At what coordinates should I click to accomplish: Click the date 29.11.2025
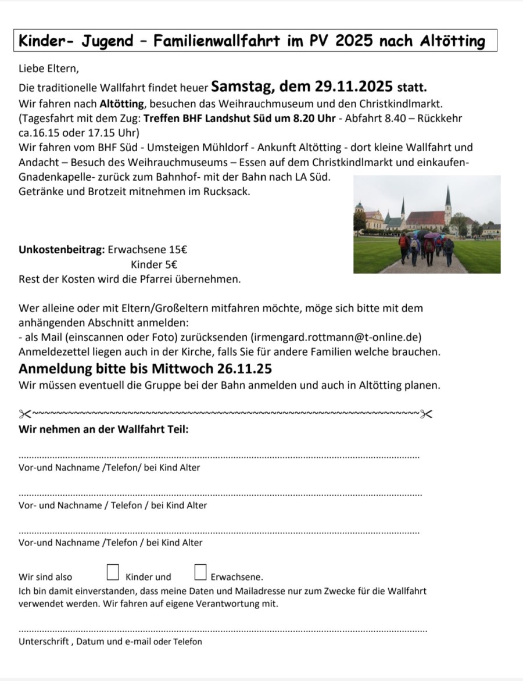click(x=354, y=87)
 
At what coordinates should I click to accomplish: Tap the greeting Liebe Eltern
click(x=48, y=69)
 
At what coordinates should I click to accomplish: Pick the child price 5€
click(x=170, y=265)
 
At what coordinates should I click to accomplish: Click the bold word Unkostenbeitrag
click(x=62, y=251)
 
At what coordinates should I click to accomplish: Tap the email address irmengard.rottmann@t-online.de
click(x=336, y=338)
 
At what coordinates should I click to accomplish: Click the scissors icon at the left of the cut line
click(x=24, y=414)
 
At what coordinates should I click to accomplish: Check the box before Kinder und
click(x=113, y=572)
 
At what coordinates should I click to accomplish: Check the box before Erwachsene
click(x=200, y=572)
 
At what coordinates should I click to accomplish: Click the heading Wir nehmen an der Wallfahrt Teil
click(x=103, y=430)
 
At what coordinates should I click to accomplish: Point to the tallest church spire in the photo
click(x=448, y=198)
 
